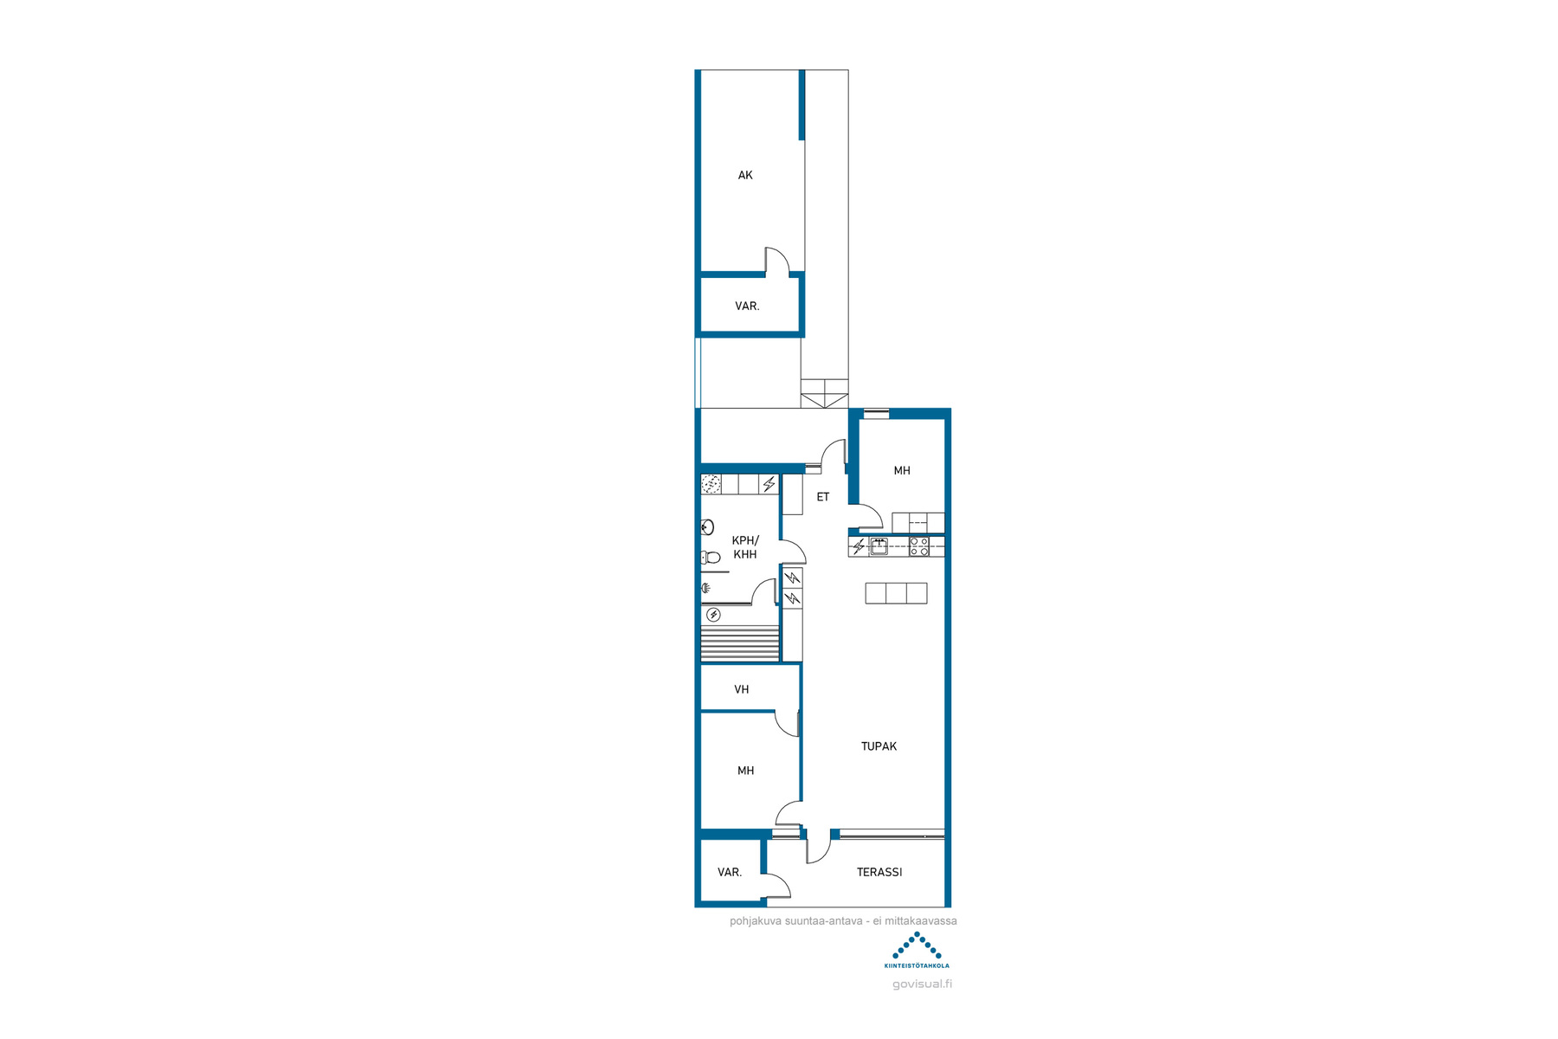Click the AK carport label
[745, 175]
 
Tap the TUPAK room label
[879, 746]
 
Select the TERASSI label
[879, 872]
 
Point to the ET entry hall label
[823, 497]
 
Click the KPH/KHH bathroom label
[745, 547]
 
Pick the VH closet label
[742, 689]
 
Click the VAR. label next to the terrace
[730, 872]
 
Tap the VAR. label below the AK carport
[747, 306]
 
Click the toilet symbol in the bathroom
[711, 557]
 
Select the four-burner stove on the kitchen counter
[919, 546]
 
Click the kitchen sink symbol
[879, 545]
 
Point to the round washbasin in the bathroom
[707, 526]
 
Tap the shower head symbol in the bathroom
[706, 589]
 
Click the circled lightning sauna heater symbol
[713, 615]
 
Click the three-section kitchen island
[896, 593]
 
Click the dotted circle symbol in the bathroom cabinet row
[711, 484]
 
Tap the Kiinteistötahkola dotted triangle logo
[917, 945]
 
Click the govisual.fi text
[922, 984]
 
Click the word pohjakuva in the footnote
[756, 921]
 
